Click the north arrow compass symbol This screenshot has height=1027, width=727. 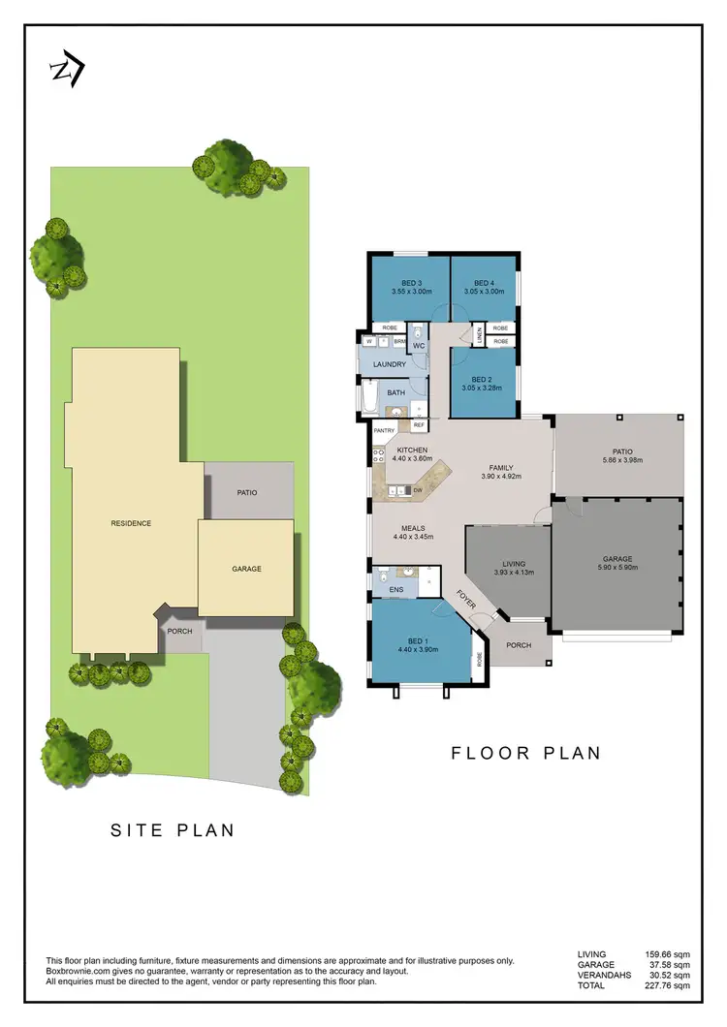pos(67,70)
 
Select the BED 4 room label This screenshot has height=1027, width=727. pos(481,283)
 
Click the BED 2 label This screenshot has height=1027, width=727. pos(483,379)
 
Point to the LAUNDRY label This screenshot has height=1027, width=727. pos(390,364)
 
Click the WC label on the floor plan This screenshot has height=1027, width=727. pos(419,345)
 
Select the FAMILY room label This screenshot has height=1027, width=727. pos(501,467)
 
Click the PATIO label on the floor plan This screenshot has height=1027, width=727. pos(621,451)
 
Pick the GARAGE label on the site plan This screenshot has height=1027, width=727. pos(246,569)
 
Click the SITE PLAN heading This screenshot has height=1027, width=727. pos(172,830)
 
